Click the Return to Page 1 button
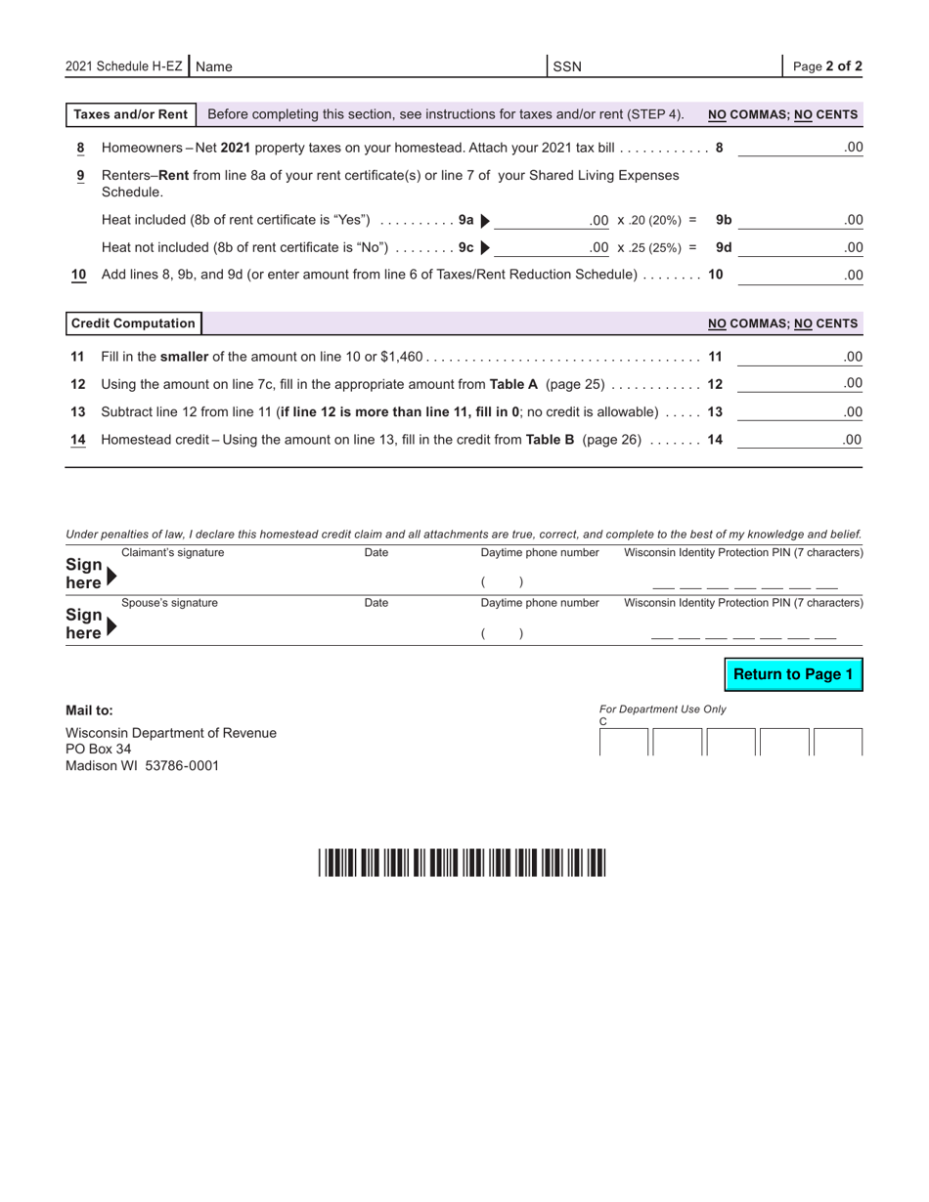click(x=793, y=675)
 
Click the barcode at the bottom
click(x=462, y=863)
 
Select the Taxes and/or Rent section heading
click(x=131, y=114)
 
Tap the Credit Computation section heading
click(x=133, y=323)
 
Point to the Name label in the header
click(x=214, y=66)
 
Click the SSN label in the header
click(x=567, y=66)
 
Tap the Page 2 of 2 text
click(x=827, y=66)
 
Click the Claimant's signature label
click(x=172, y=553)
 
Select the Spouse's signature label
click(x=169, y=603)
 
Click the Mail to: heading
click(x=89, y=710)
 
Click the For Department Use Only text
click(x=662, y=709)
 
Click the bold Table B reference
click(x=550, y=440)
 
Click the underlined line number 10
click(x=79, y=275)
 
